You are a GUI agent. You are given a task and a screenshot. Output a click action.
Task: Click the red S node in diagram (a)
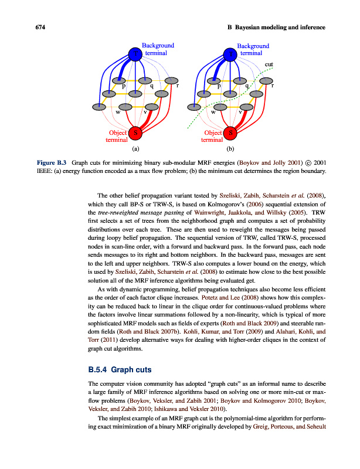136,132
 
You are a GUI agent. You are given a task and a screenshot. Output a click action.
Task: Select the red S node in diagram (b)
231,132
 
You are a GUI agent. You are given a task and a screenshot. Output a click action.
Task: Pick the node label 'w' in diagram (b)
213,112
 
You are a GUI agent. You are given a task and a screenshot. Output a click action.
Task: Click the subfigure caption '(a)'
135,149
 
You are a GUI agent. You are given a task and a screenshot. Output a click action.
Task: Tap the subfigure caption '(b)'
230,149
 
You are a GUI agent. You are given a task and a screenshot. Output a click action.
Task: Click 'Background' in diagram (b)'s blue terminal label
253,46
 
